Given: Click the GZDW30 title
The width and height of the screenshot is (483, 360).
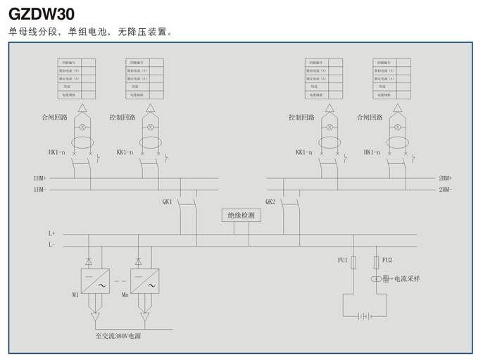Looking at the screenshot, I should click(x=42, y=13).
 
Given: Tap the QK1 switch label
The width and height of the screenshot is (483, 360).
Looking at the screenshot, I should click(x=167, y=202).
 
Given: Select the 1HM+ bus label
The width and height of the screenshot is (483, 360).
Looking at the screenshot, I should click(x=39, y=178).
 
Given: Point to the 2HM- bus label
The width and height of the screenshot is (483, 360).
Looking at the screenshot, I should click(x=445, y=190).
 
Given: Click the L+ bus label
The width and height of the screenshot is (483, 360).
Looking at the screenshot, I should click(x=51, y=233).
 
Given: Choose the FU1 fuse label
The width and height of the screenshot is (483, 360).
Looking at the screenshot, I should click(x=343, y=261).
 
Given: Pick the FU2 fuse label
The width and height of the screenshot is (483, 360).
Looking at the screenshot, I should click(x=387, y=261).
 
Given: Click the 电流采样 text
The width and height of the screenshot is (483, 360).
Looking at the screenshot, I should click(x=406, y=279).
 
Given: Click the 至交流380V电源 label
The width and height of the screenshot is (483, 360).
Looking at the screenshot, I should click(x=118, y=337).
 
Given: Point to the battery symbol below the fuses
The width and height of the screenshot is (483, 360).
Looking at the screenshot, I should click(x=364, y=316).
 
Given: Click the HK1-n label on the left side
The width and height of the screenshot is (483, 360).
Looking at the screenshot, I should click(x=56, y=152).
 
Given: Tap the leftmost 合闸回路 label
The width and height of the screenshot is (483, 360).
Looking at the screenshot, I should click(x=54, y=117).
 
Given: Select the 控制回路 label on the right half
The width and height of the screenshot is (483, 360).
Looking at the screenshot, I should click(x=301, y=117).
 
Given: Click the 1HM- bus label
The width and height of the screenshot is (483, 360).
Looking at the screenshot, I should click(x=39, y=190).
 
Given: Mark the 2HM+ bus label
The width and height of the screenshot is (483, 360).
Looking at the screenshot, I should click(x=445, y=178).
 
